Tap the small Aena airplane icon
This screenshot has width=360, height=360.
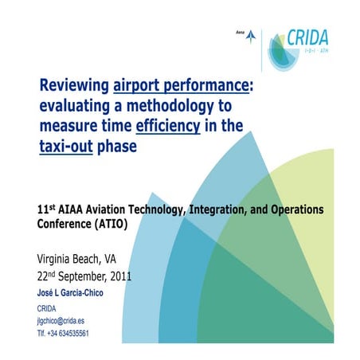[252, 35]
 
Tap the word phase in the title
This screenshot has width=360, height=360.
[115, 147]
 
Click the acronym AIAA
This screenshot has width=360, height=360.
[75, 210]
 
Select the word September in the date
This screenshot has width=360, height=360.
[76, 277]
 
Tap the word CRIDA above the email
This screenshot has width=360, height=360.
[48, 308]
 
